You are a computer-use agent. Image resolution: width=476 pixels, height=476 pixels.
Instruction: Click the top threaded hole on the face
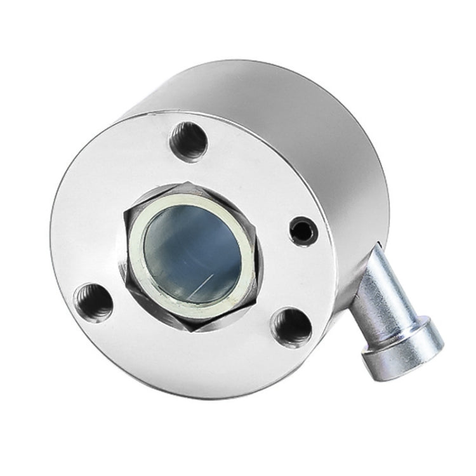[190, 141]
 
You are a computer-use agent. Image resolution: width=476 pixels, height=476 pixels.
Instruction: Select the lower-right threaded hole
[292, 326]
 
